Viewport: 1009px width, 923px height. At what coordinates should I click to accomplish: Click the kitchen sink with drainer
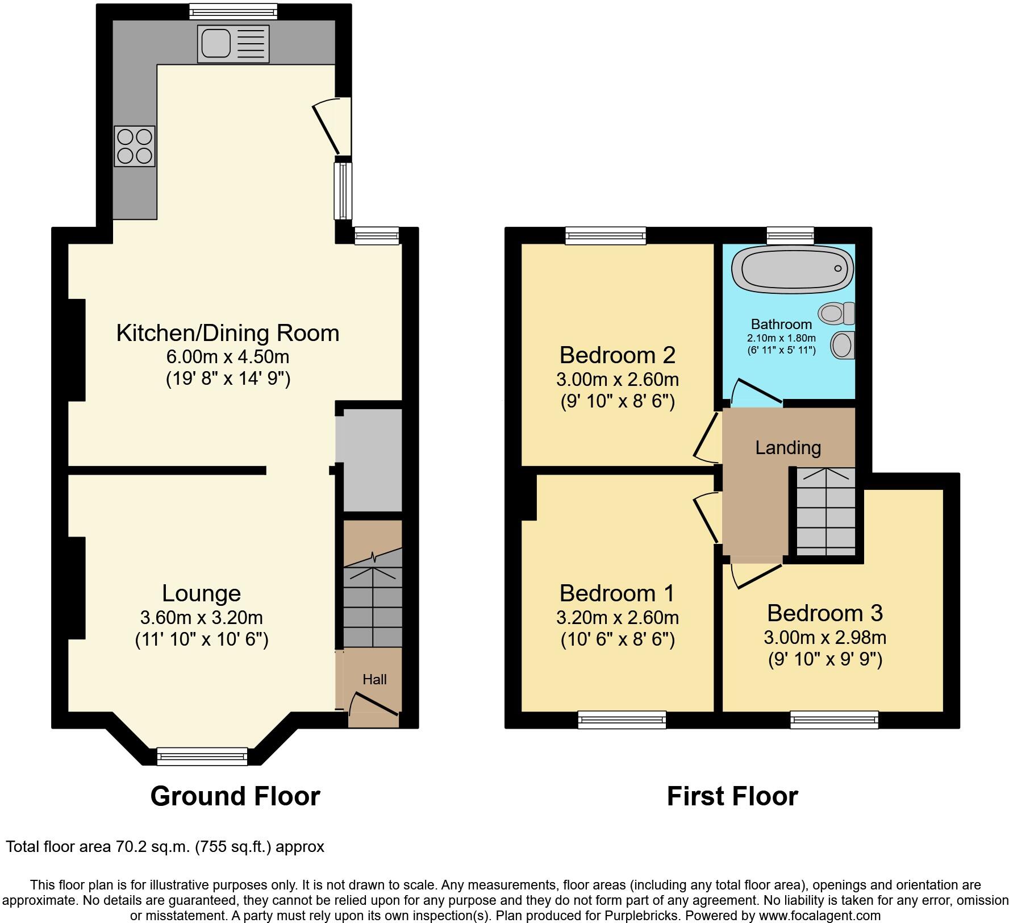234,44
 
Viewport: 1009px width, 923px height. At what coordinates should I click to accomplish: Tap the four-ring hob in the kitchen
135,146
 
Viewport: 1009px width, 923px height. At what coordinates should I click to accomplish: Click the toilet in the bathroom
837,313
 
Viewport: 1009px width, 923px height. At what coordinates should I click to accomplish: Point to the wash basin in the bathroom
843,345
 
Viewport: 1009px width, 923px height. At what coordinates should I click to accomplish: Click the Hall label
374,679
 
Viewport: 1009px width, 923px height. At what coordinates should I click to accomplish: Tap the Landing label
788,448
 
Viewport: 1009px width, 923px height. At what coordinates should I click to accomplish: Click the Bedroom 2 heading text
618,355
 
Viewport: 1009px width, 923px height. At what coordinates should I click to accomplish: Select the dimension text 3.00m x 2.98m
825,637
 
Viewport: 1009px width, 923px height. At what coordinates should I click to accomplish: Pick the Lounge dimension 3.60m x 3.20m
201,617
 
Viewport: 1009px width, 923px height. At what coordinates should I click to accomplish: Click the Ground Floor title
235,796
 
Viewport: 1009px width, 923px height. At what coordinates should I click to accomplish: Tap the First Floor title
732,796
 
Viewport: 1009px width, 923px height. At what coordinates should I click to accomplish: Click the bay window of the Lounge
202,756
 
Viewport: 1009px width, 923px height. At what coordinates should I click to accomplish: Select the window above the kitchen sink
234,10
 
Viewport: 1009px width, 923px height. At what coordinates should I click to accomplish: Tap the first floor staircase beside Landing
825,512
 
